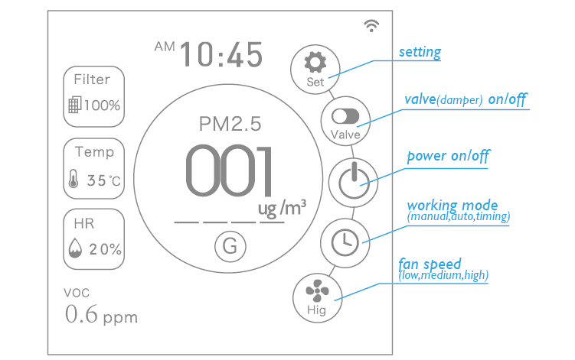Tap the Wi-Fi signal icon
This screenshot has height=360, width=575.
click(x=372, y=26)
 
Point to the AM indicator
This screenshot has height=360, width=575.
click(x=165, y=47)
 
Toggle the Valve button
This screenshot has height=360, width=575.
click(x=345, y=122)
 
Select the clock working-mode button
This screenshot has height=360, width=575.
click(x=345, y=241)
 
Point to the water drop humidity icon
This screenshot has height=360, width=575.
click(x=75, y=249)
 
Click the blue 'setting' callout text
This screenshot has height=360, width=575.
click(x=420, y=53)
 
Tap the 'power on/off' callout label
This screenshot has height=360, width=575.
click(x=449, y=156)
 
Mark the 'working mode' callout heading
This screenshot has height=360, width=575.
click(x=452, y=206)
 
